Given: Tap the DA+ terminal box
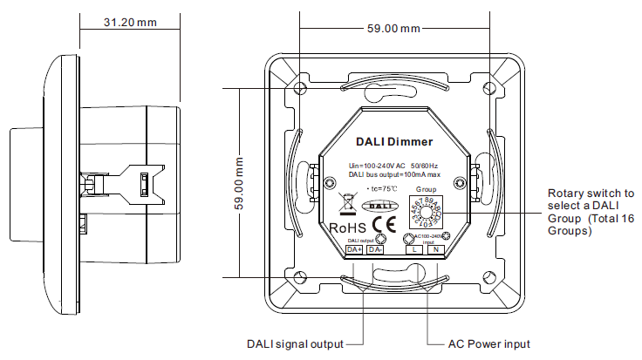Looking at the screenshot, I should (354, 250).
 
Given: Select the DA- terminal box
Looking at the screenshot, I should (375, 250).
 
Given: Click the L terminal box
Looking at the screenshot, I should (414, 250).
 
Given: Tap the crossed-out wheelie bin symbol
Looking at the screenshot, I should (345, 204).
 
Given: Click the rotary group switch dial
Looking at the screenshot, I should (425, 213).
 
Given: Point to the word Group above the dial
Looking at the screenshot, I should (425, 189).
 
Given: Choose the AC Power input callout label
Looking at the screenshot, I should (488, 343).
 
